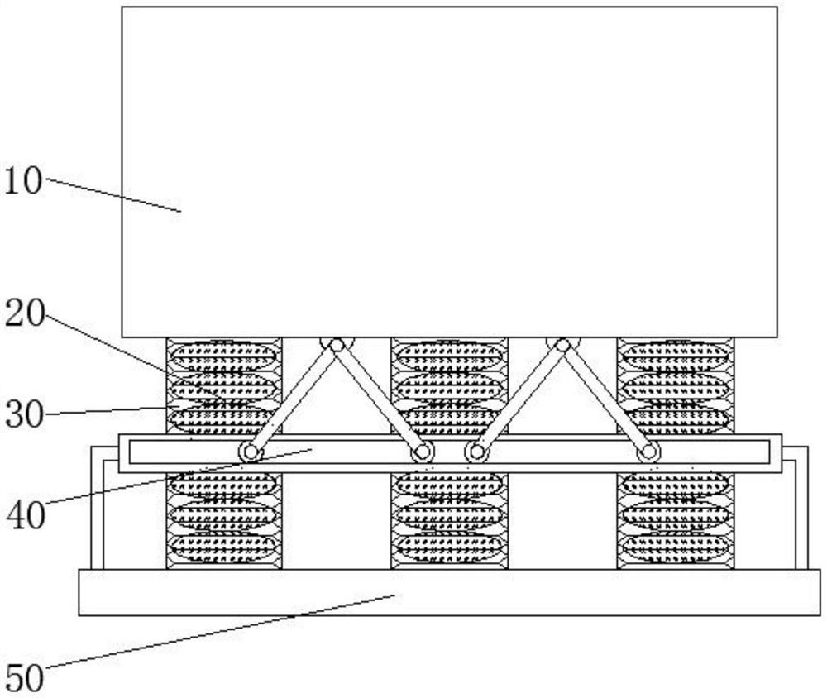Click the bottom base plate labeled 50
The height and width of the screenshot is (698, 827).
click(449, 592)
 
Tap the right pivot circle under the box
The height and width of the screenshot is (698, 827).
click(562, 344)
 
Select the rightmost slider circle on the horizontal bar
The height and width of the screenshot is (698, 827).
click(649, 452)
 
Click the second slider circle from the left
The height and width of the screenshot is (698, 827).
click(422, 452)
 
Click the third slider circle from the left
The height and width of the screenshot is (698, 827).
click(476, 452)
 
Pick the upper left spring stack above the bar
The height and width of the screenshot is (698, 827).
click(223, 385)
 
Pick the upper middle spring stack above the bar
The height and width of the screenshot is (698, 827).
click(449, 385)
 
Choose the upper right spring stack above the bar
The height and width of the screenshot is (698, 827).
click(675, 385)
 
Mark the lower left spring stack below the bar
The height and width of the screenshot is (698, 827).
click(223, 520)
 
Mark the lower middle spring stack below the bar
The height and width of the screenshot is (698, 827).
click(449, 520)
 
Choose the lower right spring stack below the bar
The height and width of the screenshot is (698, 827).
click(675, 520)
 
